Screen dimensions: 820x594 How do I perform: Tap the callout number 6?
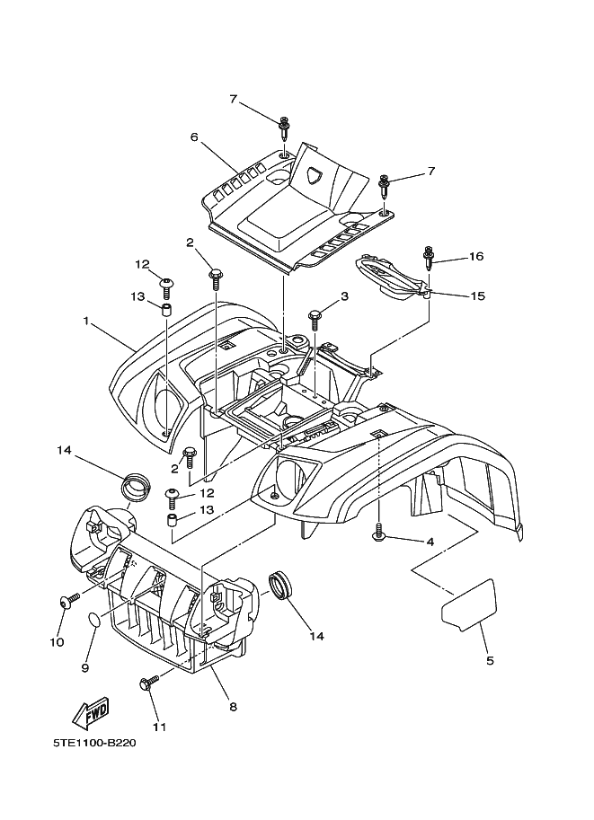click(x=193, y=137)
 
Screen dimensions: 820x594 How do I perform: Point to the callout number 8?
click(x=233, y=707)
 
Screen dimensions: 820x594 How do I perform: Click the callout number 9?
click(x=85, y=667)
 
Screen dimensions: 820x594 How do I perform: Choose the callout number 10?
click(x=56, y=642)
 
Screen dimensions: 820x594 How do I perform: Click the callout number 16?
click(x=475, y=257)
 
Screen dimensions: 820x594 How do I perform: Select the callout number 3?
click(x=343, y=297)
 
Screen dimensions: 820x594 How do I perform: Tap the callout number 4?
click(x=430, y=542)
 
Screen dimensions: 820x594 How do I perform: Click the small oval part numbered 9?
click(x=94, y=619)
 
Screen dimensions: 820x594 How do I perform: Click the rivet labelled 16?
click(x=429, y=260)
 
